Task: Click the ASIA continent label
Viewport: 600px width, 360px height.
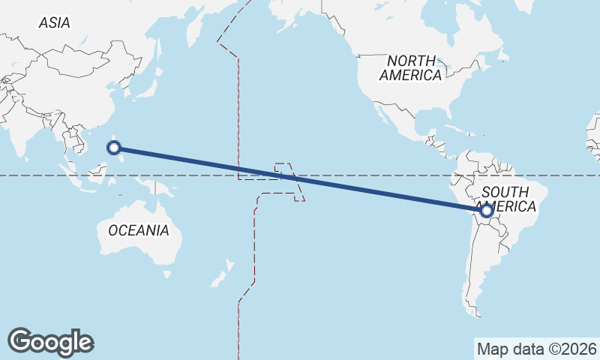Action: pos(54,23)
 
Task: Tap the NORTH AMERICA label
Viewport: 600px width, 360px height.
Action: pos(410,67)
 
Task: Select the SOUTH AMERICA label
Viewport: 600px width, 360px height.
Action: pos(510,198)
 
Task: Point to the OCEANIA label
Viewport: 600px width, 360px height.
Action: pos(139,230)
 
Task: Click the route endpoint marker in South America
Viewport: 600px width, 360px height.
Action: pos(486,211)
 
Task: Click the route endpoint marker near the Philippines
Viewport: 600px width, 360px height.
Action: pos(114,148)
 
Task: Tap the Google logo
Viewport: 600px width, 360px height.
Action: pos(50,341)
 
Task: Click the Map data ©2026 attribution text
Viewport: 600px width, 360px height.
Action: pos(535,349)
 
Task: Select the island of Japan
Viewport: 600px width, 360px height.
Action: pos(147,83)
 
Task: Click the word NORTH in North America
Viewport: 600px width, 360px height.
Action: pos(411,60)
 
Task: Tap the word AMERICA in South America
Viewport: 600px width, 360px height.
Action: pos(510,206)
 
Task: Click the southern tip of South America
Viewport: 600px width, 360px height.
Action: pos(478,312)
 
